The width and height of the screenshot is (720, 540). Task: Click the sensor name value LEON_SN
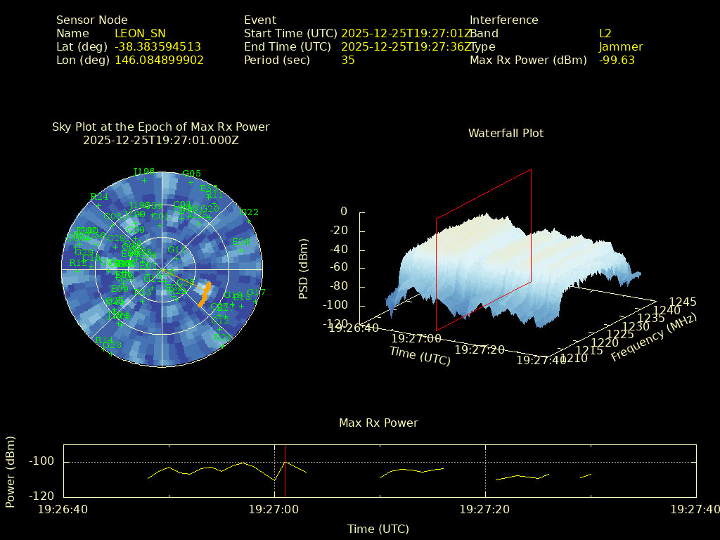pos(140,34)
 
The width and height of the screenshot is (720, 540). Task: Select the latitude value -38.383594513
pos(157,47)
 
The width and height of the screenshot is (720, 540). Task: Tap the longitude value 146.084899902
pos(159,60)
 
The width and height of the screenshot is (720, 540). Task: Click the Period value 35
pos(348,60)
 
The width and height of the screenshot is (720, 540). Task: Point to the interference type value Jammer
pos(621,47)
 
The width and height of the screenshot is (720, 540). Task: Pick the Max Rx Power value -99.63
pos(617,60)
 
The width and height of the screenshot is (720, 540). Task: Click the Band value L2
pos(605,34)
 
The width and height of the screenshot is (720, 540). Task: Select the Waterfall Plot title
pos(506,134)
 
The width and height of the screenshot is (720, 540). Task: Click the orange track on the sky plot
pos(205,294)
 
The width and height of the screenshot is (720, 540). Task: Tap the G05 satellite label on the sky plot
pos(191,174)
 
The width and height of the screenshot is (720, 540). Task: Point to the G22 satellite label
pos(250,212)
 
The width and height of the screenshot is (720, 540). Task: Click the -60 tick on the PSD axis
pos(340,268)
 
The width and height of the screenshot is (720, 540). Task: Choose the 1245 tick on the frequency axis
pos(683,302)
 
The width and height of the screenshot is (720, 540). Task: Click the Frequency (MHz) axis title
pos(653,338)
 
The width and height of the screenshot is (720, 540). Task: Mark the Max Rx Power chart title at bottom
pos(378,423)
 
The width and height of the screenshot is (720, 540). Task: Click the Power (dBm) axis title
pos(11,471)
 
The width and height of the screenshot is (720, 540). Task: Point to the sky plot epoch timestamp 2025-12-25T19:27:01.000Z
pos(161,141)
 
